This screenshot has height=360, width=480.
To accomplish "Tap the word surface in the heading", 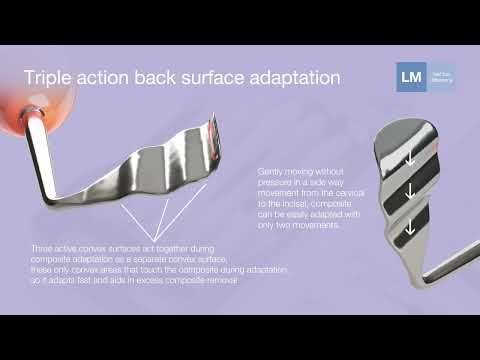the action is tap(196, 78).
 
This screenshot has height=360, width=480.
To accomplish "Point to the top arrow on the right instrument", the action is tap(409, 158).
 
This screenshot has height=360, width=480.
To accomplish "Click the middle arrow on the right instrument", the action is tap(409, 190).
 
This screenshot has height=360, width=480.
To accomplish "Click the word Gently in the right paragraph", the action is tap(271, 171).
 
